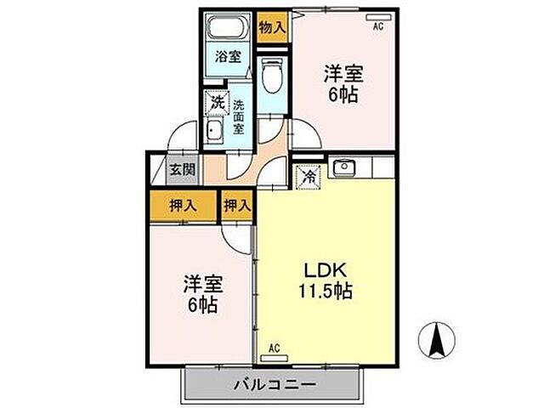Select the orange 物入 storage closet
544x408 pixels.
(272, 26)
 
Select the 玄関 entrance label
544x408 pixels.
(182, 169)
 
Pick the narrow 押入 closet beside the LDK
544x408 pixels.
(238, 206)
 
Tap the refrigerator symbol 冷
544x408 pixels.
(309, 177)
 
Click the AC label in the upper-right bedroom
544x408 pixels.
(377, 25)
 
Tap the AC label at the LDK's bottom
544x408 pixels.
(274, 348)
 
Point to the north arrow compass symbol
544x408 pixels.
(439, 340)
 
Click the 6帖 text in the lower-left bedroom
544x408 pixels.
(201, 303)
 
